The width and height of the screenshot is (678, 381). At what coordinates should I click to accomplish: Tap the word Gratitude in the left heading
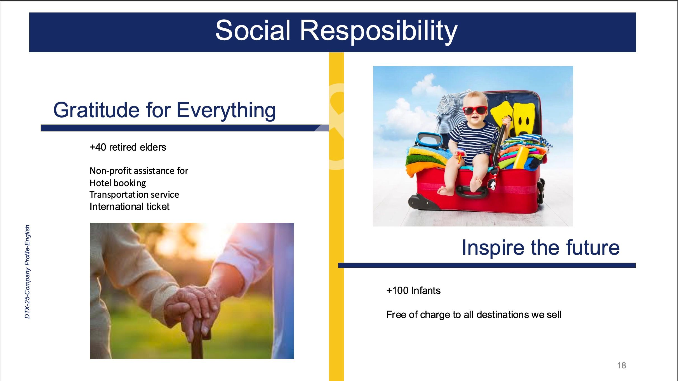tap(96, 110)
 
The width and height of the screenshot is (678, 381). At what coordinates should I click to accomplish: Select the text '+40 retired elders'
tap(128, 147)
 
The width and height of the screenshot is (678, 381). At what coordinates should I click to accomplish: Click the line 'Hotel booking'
tap(118, 183)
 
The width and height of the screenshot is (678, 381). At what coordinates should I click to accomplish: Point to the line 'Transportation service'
tap(134, 195)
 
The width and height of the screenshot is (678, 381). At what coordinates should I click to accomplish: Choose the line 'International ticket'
tap(130, 207)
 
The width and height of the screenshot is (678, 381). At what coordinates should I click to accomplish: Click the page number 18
tap(622, 365)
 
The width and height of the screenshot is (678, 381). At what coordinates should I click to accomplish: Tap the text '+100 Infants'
tap(413, 291)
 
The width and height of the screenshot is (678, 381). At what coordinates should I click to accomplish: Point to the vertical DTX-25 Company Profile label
tap(27, 272)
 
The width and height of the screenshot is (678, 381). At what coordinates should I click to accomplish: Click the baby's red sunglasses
tap(475, 110)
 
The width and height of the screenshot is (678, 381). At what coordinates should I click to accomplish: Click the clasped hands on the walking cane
tap(193, 305)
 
